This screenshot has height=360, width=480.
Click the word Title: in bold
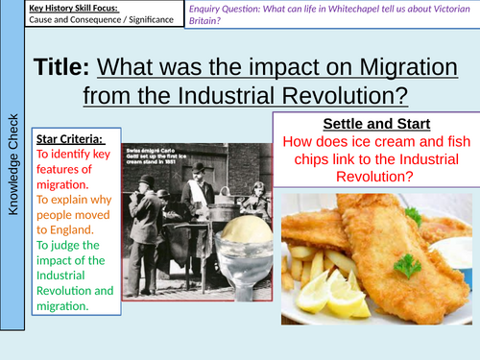click(63, 68)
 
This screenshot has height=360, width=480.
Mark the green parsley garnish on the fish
click(411, 262)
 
